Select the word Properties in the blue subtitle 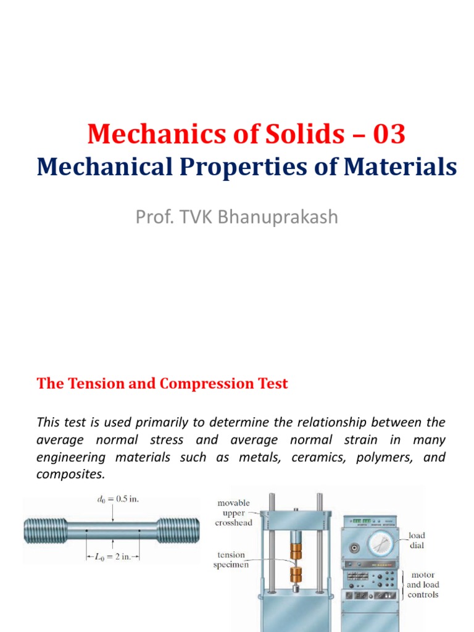tap(251, 168)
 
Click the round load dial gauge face tap(386, 546)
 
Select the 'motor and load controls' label tap(423, 584)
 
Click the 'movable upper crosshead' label tap(233, 513)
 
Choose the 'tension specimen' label tap(231, 559)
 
